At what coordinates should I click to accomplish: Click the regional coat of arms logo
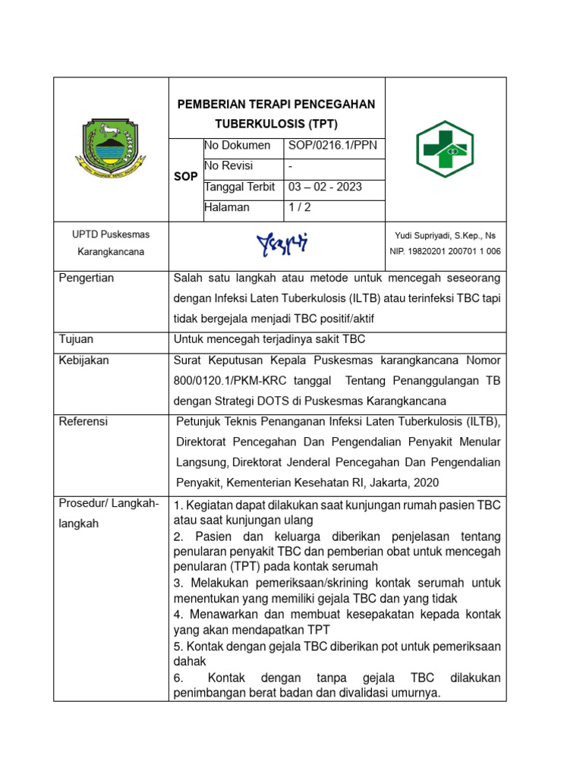(x=110, y=149)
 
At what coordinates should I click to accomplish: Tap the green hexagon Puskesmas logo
(x=445, y=149)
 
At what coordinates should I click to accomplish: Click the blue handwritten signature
(x=282, y=243)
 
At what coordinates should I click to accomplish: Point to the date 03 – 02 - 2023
(x=325, y=187)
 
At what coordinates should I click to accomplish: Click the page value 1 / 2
(x=298, y=207)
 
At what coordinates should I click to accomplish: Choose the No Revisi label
(x=228, y=165)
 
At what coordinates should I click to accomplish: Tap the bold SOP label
(x=185, y=176)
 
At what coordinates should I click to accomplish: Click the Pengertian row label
(x=87, y=278)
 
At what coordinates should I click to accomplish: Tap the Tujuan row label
(x=77, y=339)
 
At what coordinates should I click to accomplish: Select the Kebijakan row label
(x=84, y=360)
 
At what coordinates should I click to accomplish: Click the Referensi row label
(x=84, y=421)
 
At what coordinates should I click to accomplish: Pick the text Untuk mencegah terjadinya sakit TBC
(x=269, y=339)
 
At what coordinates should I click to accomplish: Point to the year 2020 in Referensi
(x=425, y=482)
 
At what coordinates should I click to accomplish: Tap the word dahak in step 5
(x=190, y=662)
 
